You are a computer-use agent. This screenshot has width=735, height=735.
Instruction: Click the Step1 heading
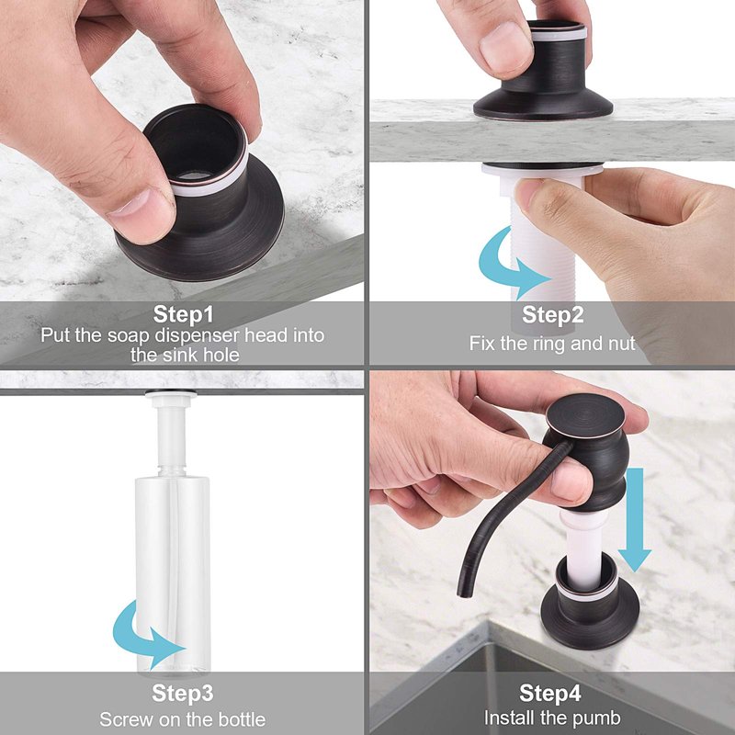click(183, 313)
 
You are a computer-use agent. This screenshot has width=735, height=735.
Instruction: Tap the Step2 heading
click(553, 314)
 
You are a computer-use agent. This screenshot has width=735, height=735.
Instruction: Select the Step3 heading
click(182, 693)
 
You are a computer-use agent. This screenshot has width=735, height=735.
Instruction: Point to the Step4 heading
click(549, 693)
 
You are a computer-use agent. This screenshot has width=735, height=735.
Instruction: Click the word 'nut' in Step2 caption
click(622, 344)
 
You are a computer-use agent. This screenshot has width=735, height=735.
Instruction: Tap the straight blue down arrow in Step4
click(635, 519)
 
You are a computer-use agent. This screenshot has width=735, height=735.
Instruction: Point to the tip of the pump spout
click(463, 594)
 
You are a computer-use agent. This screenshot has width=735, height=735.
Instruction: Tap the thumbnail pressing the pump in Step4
click(566, 481)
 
